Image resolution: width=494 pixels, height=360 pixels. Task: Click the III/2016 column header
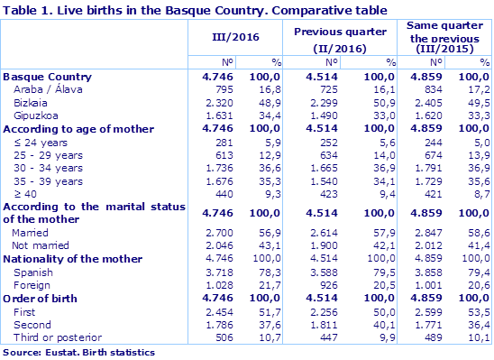pos(235,38)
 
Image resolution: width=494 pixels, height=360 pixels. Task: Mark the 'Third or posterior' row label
pos(53,337)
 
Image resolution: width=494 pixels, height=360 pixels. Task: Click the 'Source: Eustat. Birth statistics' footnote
pos(79,351)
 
